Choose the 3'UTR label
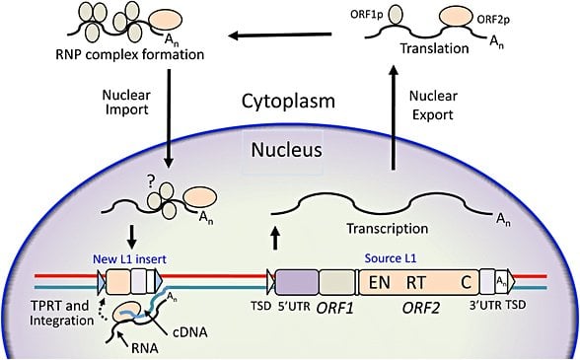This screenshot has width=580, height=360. pos(496,315)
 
